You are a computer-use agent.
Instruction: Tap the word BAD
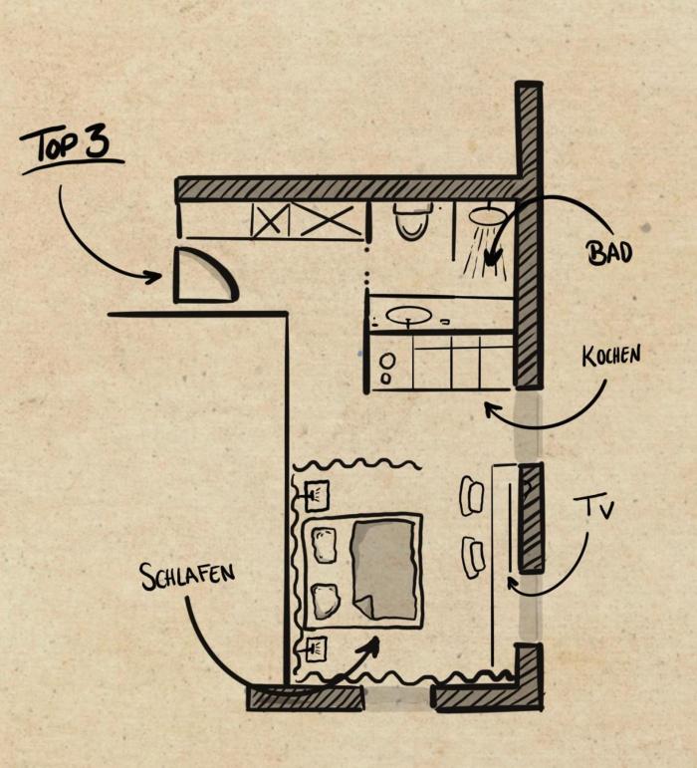[x=608, y=253]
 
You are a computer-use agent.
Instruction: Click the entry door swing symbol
[x=204, y=276]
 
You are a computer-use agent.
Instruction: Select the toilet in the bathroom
[x=412, y=221]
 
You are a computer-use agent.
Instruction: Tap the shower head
[x=487, y=216]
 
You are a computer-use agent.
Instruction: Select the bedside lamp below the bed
[x=317, y=647]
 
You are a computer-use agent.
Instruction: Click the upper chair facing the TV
[x=472, y=495]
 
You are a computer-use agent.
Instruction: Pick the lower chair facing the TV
[x=472, y=556]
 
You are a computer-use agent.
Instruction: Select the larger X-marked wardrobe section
[x=327, y=220]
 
